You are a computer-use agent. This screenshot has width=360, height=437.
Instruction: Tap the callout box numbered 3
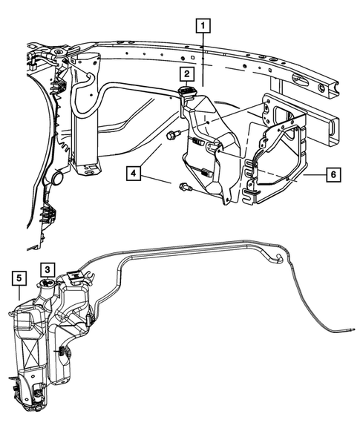click(47, 269)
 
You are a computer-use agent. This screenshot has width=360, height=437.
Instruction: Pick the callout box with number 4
click(134, 175)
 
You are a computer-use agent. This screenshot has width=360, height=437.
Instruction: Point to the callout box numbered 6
click(333, 175)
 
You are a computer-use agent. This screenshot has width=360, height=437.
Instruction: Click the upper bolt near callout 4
click(173, 135)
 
